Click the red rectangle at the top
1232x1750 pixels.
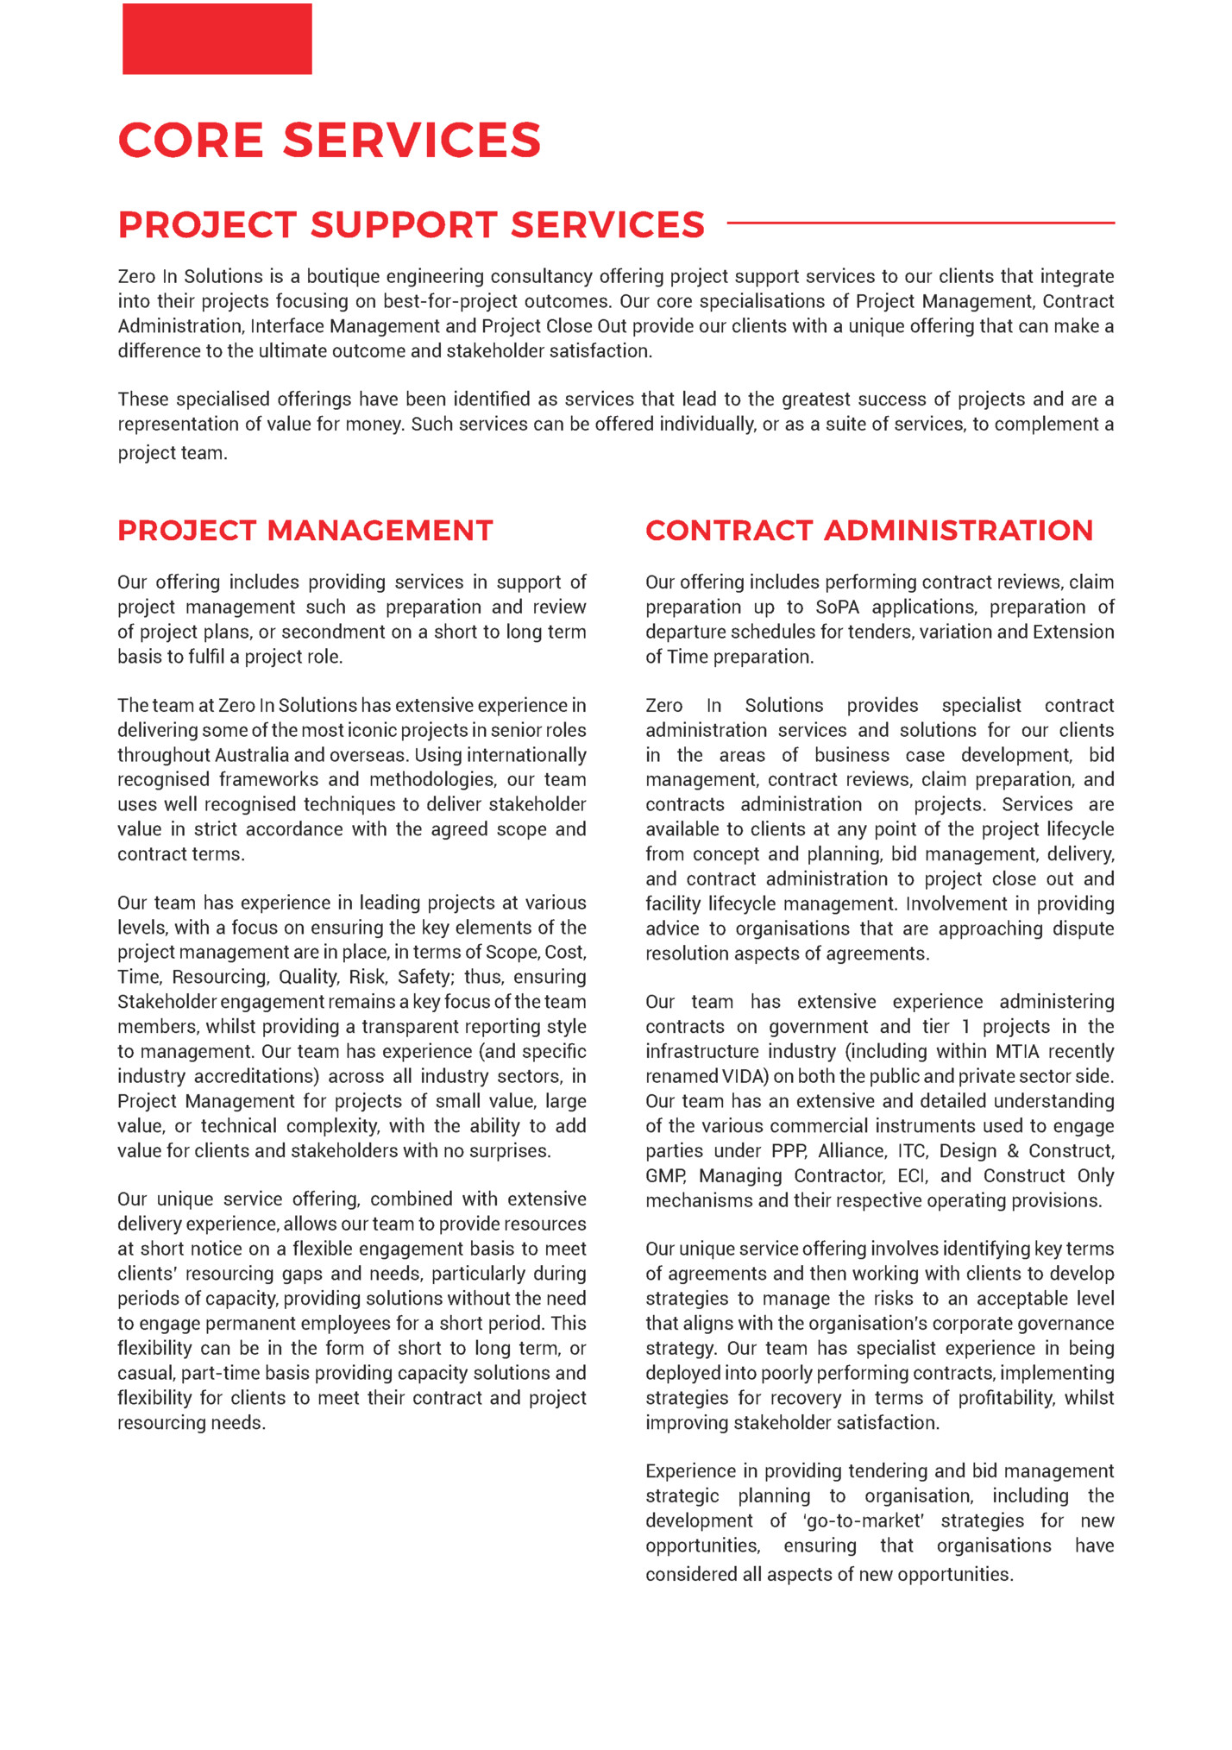click(x=217, y=39)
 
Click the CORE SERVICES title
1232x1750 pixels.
click(x=329, y=140)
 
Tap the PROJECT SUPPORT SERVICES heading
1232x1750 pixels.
click(x=411, y=224)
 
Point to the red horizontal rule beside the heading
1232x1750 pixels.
click(x=920, y=223)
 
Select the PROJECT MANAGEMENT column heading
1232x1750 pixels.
click(x=305, y=530)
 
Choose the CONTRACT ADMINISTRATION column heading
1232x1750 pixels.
click(x=869, y=530)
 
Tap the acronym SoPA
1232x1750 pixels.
click(x=837, y=607)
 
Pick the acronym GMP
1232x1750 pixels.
click(x=665, y=1176)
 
